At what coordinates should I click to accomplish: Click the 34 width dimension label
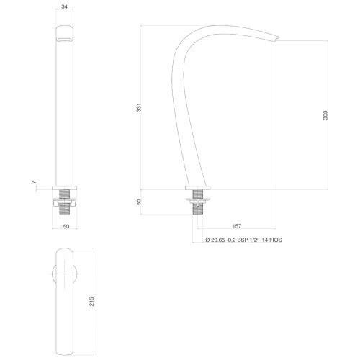pyautogui.click(x=64, y=6)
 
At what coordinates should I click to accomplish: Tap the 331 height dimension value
pyautogui.click(x=139, y=108)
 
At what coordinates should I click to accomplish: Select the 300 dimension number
pyautogui.click(x=325, y=115)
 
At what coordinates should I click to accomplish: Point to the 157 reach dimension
pyautogui.click(x=237, y=226)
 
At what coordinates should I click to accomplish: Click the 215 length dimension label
pyautogui.click(x=91, y=301)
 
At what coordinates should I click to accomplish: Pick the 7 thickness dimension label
pyautogui.click(x=34, y=182)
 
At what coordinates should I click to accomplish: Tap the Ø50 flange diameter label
pyautogui.click(x=65, y=226)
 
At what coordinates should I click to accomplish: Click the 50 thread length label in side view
pyautogui.click(x=139, y=202)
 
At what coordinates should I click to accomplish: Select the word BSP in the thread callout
pyautogui.click(x=242, y=240)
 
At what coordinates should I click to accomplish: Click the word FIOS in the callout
pyautogui.click(x=276, y=240)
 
